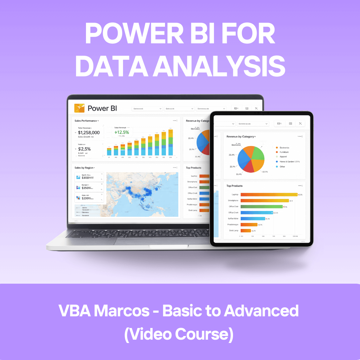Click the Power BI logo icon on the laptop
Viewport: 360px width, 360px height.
79,108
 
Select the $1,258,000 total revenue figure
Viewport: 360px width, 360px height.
89,133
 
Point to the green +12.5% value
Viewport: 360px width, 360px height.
121,132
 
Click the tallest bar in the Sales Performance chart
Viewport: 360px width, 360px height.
170,142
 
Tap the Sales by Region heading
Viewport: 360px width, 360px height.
84,168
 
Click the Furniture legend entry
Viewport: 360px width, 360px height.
284,152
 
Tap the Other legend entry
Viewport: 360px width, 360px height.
282,166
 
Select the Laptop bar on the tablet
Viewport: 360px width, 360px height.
269,195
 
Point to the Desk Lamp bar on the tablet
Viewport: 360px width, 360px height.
246,231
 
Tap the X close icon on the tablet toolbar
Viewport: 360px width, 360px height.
300,124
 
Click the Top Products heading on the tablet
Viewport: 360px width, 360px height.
234,186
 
